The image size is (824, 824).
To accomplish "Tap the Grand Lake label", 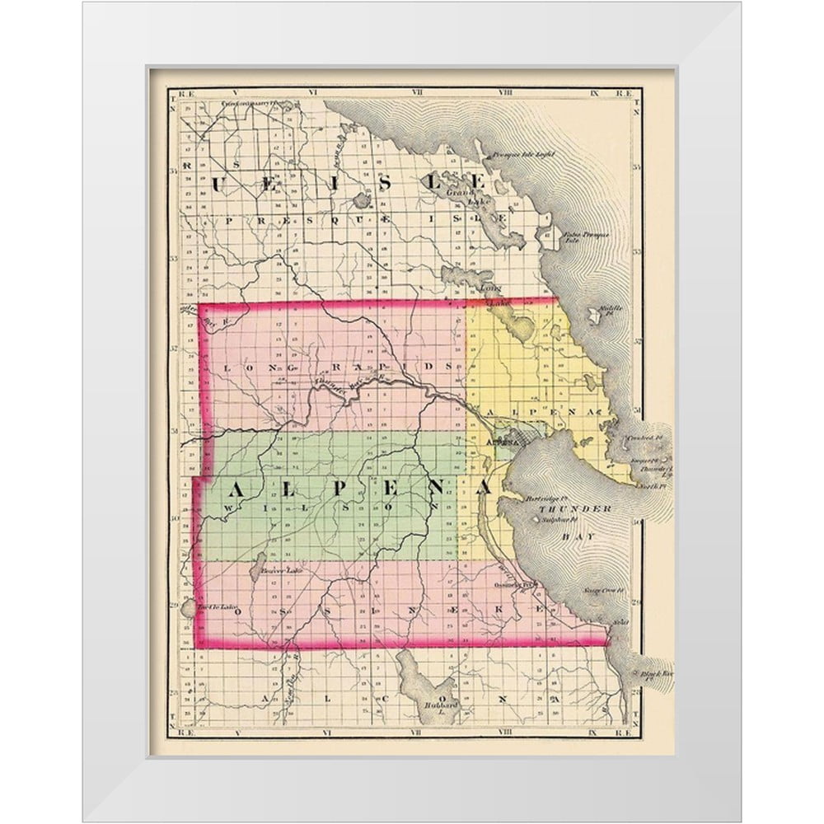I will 456,197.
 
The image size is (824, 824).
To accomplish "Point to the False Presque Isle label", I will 586,238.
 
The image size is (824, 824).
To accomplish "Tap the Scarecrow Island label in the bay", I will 600,591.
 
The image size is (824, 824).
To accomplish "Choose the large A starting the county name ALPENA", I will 235,489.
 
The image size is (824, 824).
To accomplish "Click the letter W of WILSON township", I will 228,510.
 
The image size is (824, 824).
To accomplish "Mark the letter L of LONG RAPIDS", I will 227,368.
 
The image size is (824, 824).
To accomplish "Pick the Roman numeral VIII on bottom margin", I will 504,731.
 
